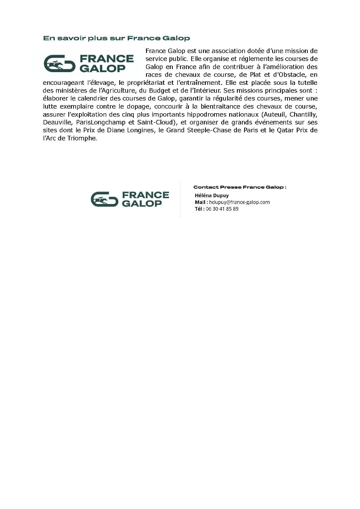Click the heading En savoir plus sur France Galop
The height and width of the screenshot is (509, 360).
point(116,39)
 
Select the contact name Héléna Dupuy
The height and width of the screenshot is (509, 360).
point(211,196)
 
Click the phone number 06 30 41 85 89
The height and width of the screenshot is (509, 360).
point(222,209)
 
